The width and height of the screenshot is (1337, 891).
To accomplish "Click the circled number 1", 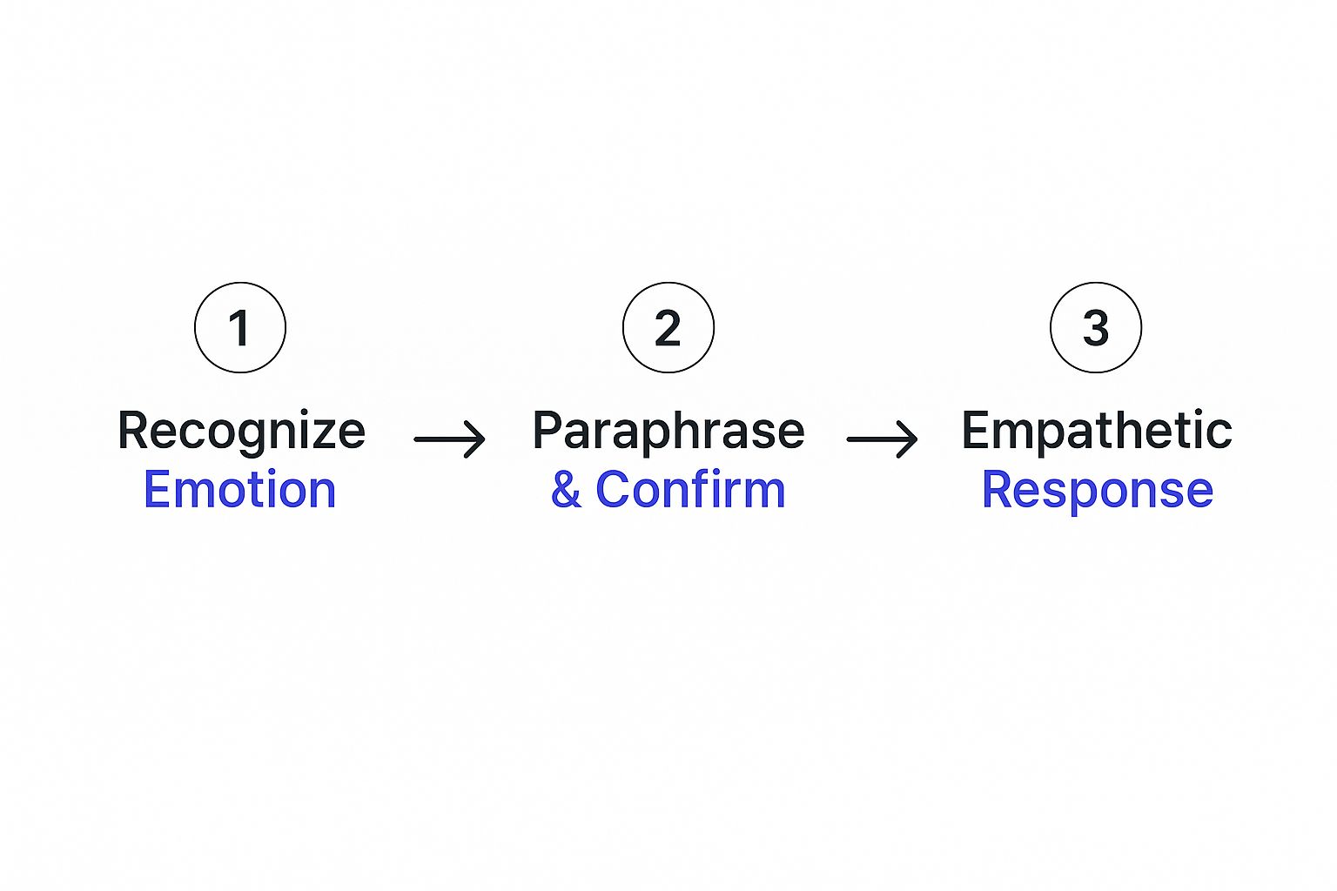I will point(240,328).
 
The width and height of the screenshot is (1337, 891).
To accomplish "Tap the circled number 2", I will point(668,328).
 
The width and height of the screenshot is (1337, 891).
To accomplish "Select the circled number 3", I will point(1096,328).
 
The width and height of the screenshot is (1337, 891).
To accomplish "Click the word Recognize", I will point(241,432).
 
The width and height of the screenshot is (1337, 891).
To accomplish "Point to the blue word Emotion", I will point(239,489).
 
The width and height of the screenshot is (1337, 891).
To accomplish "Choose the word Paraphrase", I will point(668,432).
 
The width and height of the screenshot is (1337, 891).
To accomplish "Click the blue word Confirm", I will point(690,489).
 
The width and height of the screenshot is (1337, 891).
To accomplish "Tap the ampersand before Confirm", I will point(566,490).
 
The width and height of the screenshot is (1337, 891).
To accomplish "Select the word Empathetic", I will point(1096,431).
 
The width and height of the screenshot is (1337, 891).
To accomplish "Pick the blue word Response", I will point(1097,490).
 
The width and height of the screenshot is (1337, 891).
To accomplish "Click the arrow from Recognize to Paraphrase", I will point(449,439).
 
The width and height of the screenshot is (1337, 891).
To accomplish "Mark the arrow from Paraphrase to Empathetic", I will point(882,439).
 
